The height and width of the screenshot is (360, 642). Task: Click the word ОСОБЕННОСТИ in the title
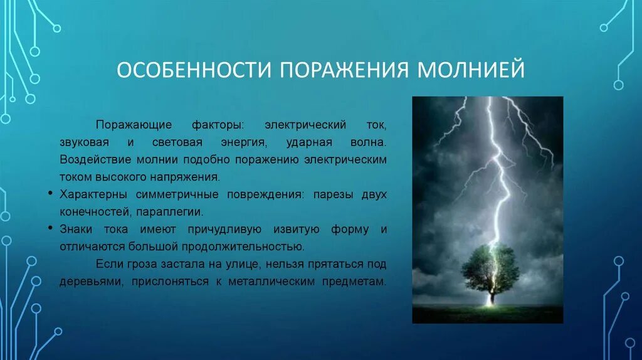[194, 70]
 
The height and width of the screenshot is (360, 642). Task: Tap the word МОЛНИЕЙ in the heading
[471, 70]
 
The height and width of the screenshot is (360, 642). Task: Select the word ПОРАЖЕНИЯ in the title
[344, 70]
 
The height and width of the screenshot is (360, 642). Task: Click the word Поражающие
[134, 125]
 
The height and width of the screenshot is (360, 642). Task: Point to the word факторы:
[218, 125]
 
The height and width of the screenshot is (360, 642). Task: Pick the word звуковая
[85, 142]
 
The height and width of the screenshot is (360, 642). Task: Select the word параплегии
[169, 212]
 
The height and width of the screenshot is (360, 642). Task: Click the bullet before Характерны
[50, 193]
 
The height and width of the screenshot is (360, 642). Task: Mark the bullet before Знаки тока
[50, 228]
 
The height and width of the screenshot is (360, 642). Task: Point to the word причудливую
[224, 230]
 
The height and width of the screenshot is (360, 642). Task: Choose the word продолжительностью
[243, 247]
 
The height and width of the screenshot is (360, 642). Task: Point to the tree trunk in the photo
[492, 295]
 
